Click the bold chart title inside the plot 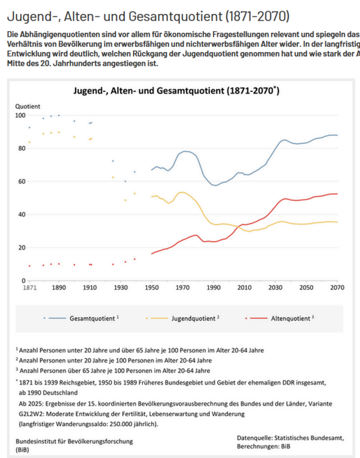coord(176,91)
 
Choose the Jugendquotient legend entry coord(196,318)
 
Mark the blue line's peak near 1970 coord(185,151)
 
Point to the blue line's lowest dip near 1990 coord(214,185)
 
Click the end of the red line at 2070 coord(337,194)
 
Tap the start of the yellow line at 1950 coord(152,196)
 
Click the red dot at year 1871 coord(29,266)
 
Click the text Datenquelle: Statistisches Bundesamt coord(290,437)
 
